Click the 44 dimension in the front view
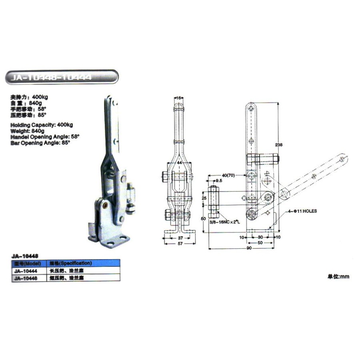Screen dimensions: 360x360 (179, 163)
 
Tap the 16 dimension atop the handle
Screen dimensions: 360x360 (179, 97)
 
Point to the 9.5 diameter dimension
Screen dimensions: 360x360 (218, 181)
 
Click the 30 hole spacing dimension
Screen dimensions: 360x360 (261, 237)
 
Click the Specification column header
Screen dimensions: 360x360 (70, 263)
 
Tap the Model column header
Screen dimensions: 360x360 (26, 263)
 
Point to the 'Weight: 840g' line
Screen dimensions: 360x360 (28, 131)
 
